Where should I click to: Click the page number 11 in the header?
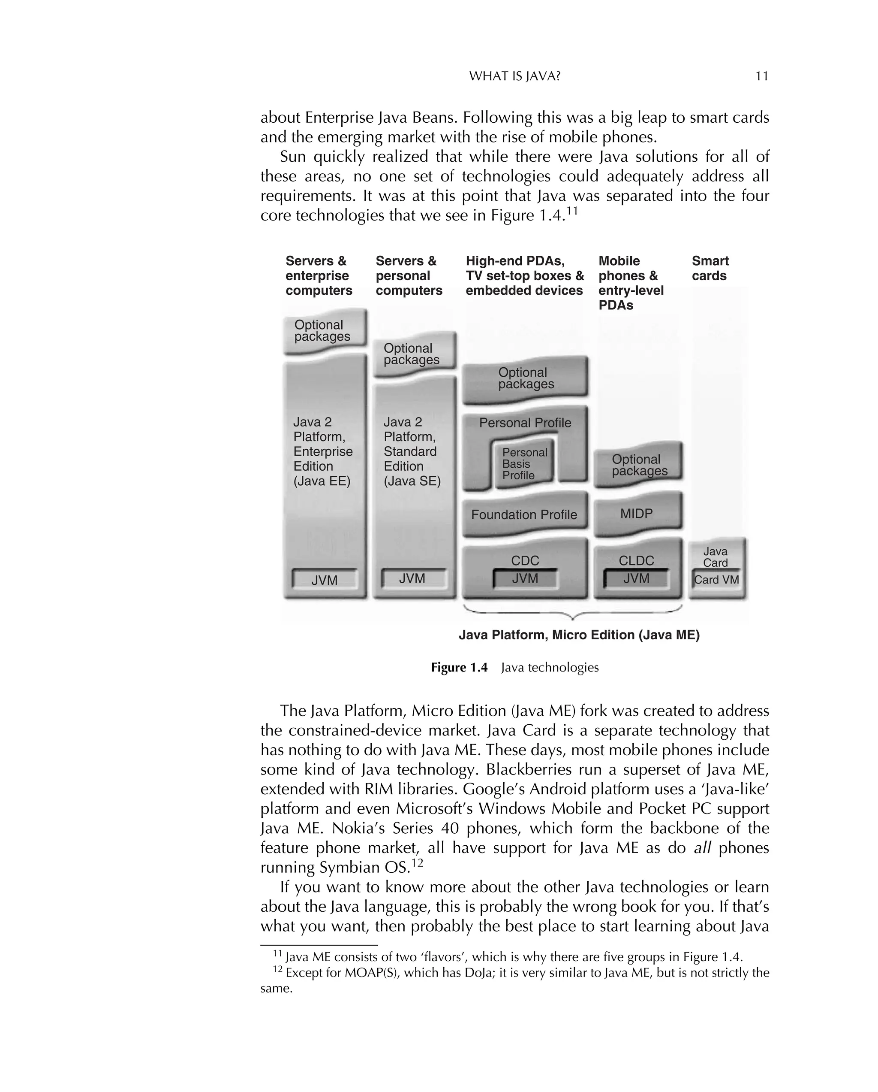762,76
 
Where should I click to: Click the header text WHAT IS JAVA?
514,76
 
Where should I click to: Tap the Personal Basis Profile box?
524,464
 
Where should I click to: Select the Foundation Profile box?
524,514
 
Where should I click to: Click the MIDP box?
637,514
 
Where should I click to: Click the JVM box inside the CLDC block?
636,579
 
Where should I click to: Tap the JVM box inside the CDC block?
525,579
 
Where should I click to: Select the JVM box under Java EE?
325,581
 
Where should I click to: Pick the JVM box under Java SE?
412,579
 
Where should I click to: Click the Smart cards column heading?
710,269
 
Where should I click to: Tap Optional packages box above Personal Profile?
525,378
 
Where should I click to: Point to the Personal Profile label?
525,423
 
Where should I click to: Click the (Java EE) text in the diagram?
322,481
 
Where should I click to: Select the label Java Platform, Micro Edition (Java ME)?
579,635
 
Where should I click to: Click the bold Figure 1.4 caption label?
459,668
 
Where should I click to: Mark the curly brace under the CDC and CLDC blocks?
573,614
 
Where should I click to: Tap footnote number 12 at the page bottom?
277,969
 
